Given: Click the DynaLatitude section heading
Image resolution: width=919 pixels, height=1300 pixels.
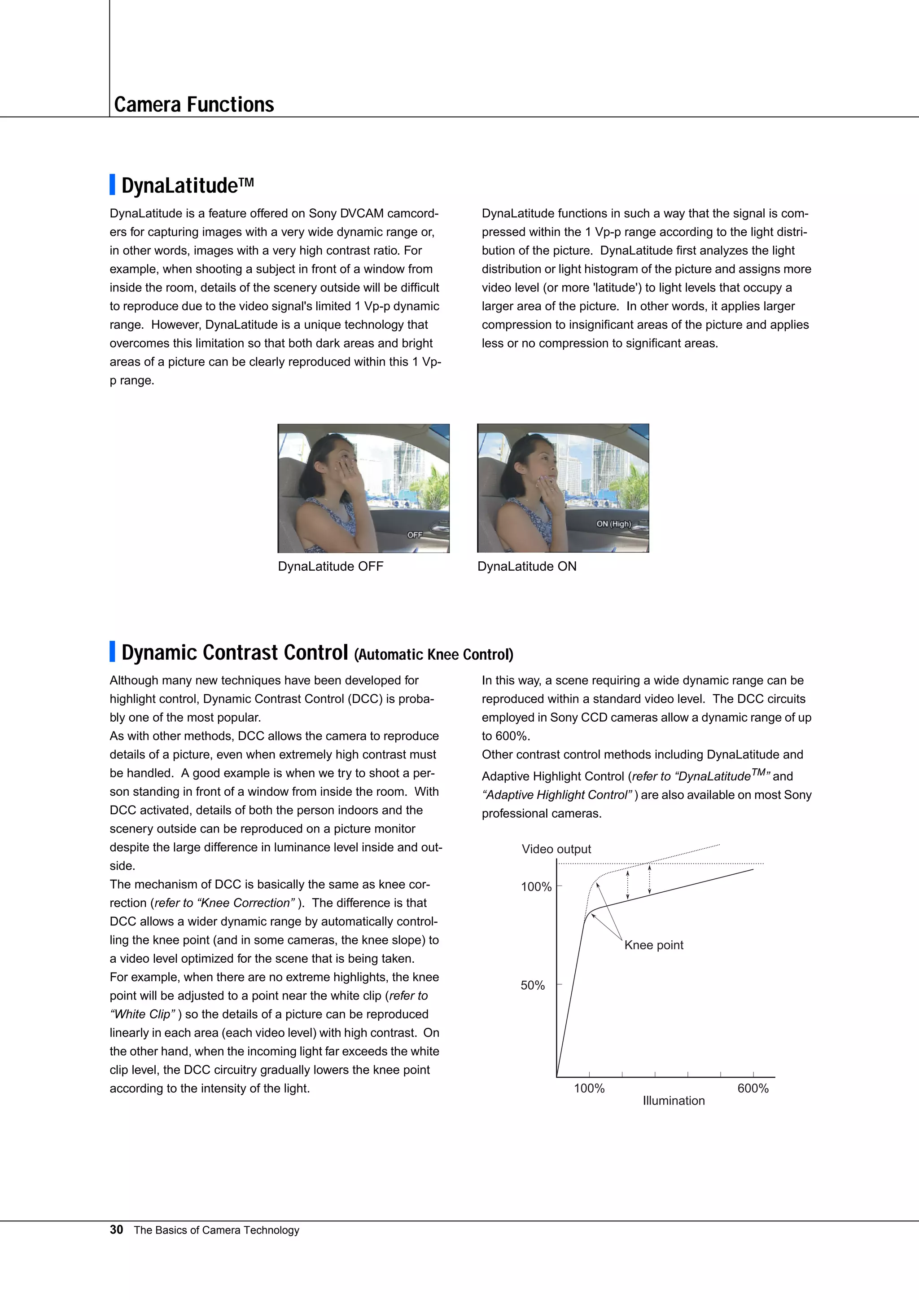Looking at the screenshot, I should (x=187, y=185).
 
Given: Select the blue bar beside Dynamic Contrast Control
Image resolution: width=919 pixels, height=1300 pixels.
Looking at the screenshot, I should (x=112, y=651).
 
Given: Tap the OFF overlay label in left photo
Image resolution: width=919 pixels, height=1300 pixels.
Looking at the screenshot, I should (x=415, y=534).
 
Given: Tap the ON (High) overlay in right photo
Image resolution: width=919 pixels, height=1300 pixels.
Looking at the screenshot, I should (x=613, y=524).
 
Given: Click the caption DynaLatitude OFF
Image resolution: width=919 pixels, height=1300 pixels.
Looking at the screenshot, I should (x=330, y=566).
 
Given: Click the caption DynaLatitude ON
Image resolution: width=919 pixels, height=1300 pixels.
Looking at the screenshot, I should (x=526, y=566).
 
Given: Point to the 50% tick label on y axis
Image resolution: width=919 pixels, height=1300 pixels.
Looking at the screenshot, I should (x=533, y=985).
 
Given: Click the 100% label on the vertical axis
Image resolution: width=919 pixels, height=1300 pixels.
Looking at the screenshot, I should (x=535, y=887).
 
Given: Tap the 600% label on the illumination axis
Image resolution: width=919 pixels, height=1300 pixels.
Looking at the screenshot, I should (x=753, y=1088).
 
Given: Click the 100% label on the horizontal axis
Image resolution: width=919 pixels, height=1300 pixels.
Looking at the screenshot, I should (x=589, y=1088).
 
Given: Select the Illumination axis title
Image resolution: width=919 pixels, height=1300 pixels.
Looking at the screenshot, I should (x=674, y=1101).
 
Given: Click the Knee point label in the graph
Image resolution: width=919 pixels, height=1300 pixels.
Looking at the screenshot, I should (x=654, y=945).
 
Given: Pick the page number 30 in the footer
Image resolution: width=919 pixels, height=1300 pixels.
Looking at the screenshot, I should (x=116, y=1230).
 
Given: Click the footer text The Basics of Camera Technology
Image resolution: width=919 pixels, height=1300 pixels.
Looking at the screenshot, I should (x=216, y=1230).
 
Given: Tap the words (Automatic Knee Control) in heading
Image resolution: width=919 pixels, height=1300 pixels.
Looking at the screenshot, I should (x=433, y=655).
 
